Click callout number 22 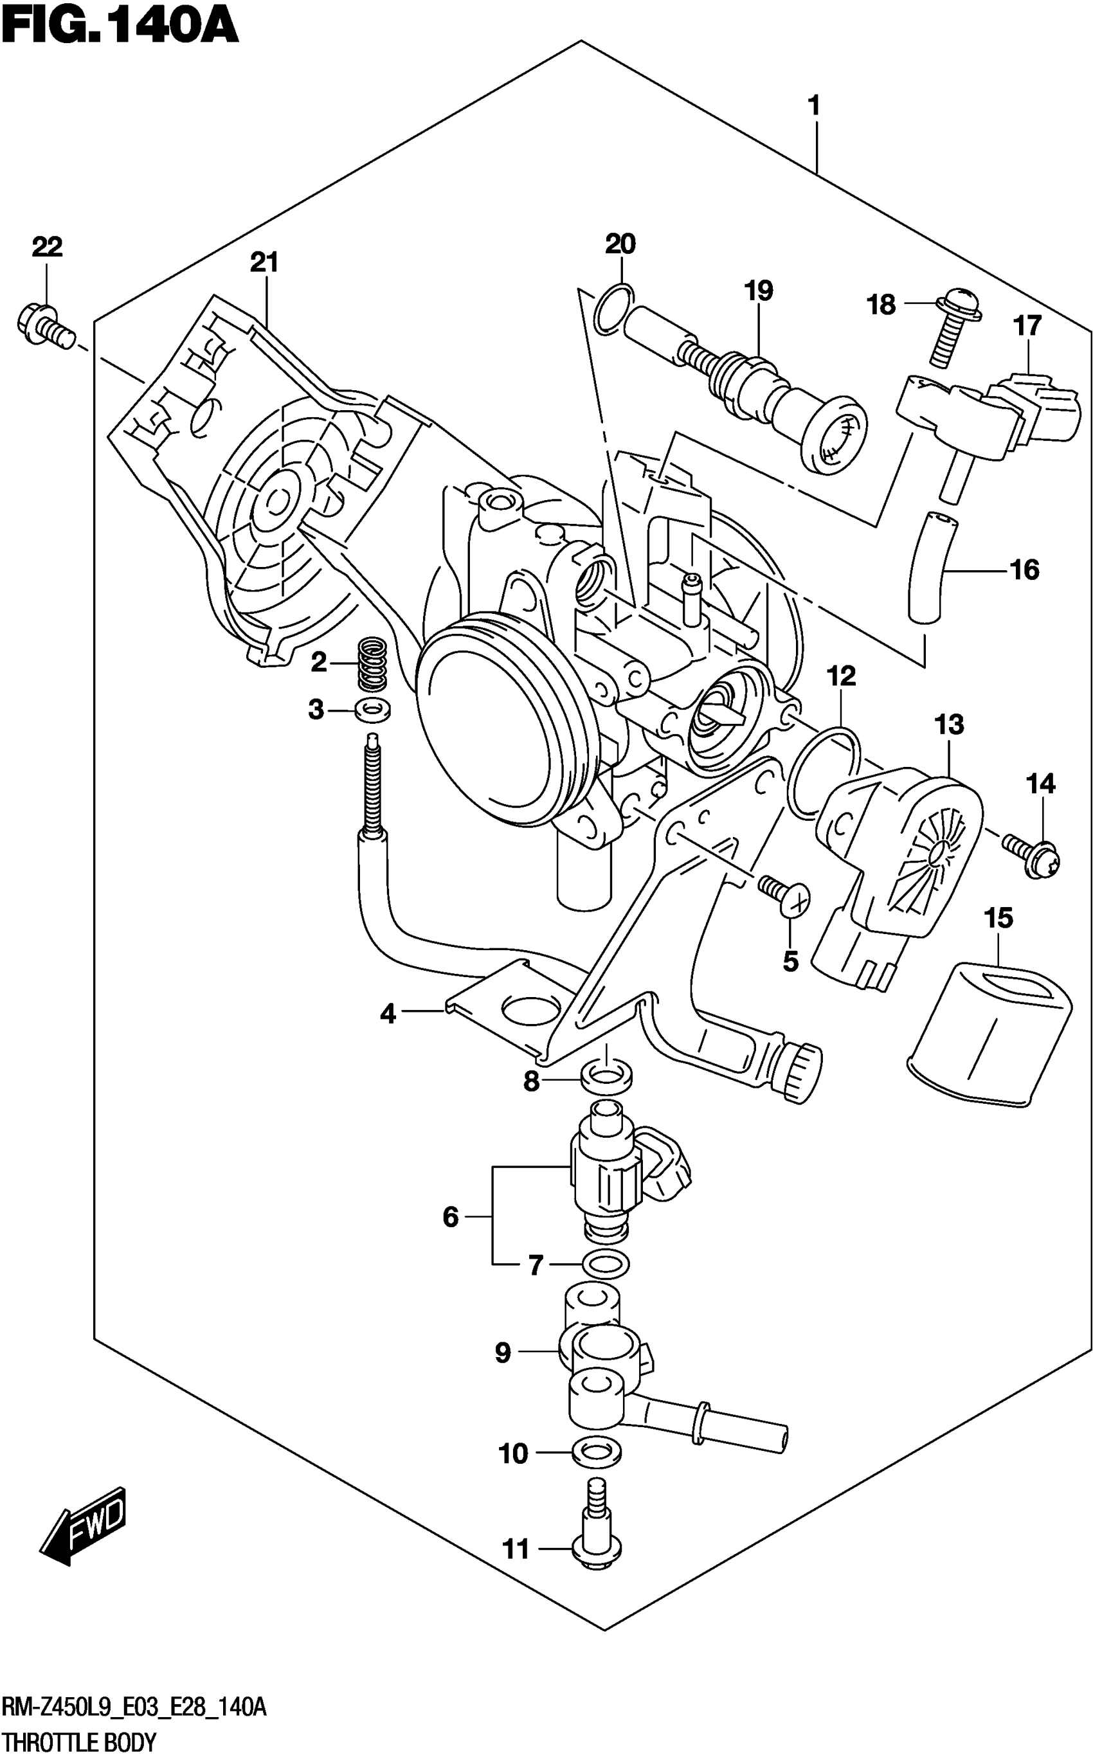coord(47,247)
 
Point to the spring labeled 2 coord(373,662)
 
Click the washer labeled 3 coord(373,710)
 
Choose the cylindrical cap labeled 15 coord(989,1035)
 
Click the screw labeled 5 coord(785,894)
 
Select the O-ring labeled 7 coord(606,1264)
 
